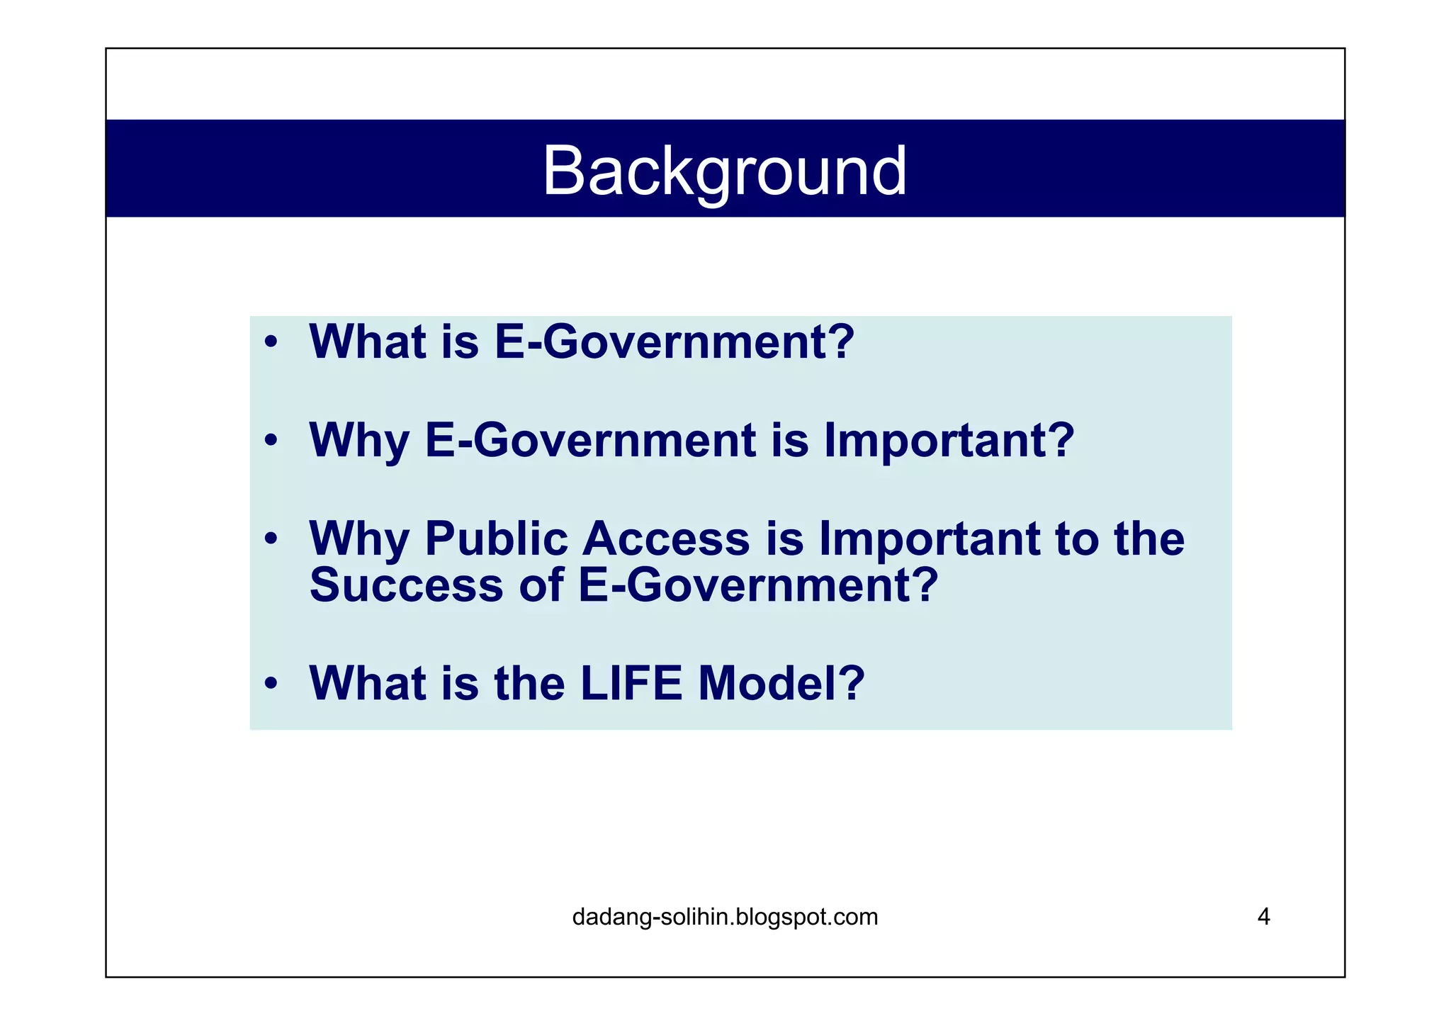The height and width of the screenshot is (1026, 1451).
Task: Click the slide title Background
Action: tap(724, 171)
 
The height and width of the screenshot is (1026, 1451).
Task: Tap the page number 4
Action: tap(1263, 917)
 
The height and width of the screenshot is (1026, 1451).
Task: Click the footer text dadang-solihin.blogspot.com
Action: tap(724, 917)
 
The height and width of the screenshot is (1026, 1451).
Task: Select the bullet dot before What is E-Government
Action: tap(270, 344)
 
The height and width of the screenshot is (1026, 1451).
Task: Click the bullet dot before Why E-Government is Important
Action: tap(270, 441)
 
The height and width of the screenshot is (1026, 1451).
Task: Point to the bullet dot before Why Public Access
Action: tap(270, 539)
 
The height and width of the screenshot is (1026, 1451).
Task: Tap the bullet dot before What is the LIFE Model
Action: tap(270, 684)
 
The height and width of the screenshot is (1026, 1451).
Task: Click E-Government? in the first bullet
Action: tap(674, 342)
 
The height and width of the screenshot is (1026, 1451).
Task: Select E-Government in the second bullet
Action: tap(591, 440)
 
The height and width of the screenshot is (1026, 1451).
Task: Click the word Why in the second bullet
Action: tap(359, 441)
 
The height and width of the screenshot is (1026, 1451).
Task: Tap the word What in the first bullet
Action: tap(367, 342)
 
